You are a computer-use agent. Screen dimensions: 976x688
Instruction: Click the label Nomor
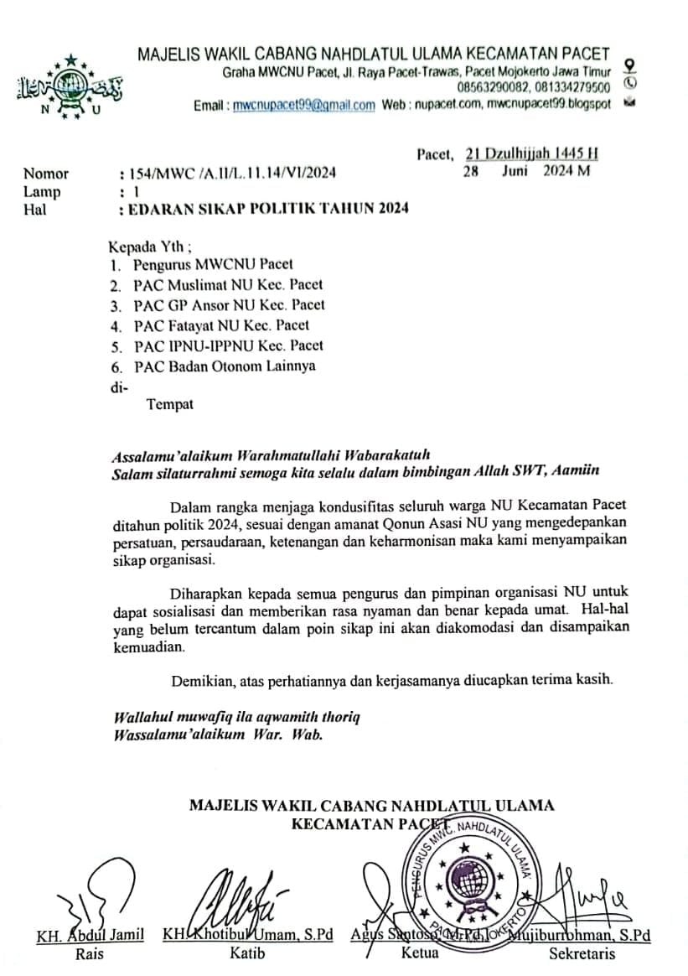[46, 174]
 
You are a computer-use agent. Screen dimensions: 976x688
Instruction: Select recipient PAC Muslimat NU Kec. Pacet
[228, 285]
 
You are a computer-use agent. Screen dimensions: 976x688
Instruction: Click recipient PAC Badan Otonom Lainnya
[225, 366]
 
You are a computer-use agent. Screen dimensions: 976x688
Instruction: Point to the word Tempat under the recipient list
[170, 404]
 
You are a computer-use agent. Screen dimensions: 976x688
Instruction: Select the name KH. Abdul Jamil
[91, 935]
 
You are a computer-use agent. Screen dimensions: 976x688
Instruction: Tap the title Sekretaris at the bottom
[582, 953]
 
